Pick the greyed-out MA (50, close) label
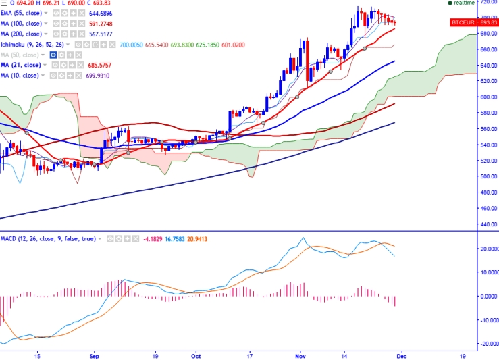(x=18, y=54)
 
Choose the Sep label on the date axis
(x=94, y=355)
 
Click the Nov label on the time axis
(x=298, y=355)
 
